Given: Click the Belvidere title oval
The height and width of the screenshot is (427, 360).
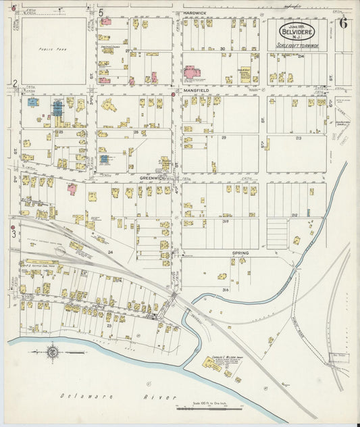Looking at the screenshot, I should point(298,30).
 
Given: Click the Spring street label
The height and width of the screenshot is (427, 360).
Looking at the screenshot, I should point(240,253).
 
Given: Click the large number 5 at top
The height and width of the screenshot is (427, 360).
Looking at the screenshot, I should point(101,11).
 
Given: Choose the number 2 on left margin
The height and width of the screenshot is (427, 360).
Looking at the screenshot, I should point(14,83).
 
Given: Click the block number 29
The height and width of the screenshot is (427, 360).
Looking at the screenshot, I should point(223,137).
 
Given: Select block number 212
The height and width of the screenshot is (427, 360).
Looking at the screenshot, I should point(294,215).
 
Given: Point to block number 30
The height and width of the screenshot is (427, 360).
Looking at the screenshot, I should point(222,49).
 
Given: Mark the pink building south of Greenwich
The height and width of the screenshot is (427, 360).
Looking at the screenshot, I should point(72,189).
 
